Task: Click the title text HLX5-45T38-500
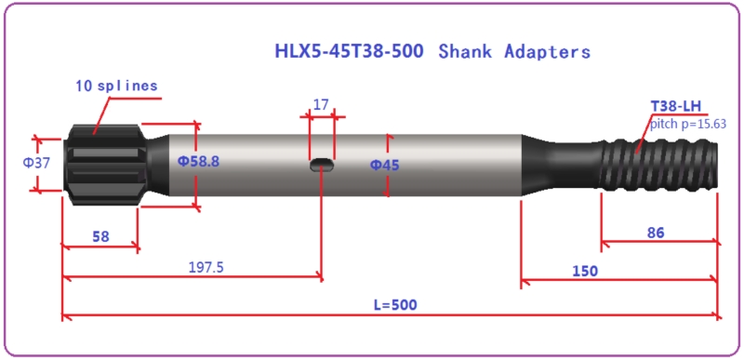[x=348, y=51]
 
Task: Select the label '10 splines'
[x=116, y=87]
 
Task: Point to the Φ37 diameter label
[x=36, y=163]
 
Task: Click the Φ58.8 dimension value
[x=198, y=161]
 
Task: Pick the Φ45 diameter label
[x=384, y=165]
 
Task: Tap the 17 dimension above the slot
[x=321, y=105]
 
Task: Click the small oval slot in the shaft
[x=322, y=165]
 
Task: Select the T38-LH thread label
[x=675, y=107]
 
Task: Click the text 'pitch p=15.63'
[x=688, y=124]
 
